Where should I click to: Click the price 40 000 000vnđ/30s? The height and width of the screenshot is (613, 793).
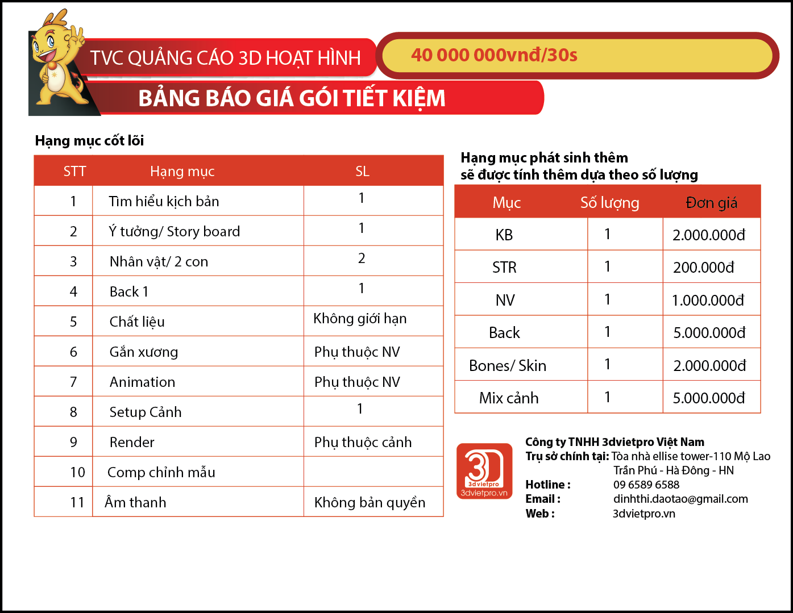pos(494,55)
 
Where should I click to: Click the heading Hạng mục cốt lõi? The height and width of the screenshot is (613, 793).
pos(89,140)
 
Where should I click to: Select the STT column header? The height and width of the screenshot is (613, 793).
pos(74,172)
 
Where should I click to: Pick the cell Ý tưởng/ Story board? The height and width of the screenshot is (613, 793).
pos(175,232)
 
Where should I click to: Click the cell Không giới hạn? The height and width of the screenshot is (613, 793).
pos(360,319)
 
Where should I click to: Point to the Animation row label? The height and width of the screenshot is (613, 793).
pos(142,382)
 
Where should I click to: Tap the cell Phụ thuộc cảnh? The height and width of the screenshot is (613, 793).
pos(363,443)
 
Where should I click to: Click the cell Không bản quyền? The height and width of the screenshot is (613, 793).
pos(369,503)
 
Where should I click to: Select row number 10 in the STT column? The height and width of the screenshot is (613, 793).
pos(77,473)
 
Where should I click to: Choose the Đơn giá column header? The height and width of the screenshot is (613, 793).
pos(711,203)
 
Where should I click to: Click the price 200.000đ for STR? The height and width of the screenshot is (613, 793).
pos(704,268)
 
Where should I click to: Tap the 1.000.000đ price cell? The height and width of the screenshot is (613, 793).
pos(708,301)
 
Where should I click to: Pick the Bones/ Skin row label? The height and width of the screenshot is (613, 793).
pos(508,366)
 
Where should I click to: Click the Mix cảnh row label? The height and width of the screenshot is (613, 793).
pos(509,398)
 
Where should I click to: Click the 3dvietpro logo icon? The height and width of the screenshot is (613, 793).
pos(484,471)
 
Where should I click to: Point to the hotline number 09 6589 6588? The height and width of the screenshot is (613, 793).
pos(646,485)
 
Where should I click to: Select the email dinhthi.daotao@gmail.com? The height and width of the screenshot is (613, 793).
pos(680,499)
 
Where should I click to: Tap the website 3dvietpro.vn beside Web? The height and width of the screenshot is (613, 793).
pos(644,514)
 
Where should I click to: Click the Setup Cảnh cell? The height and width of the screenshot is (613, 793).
pos(146,412)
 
